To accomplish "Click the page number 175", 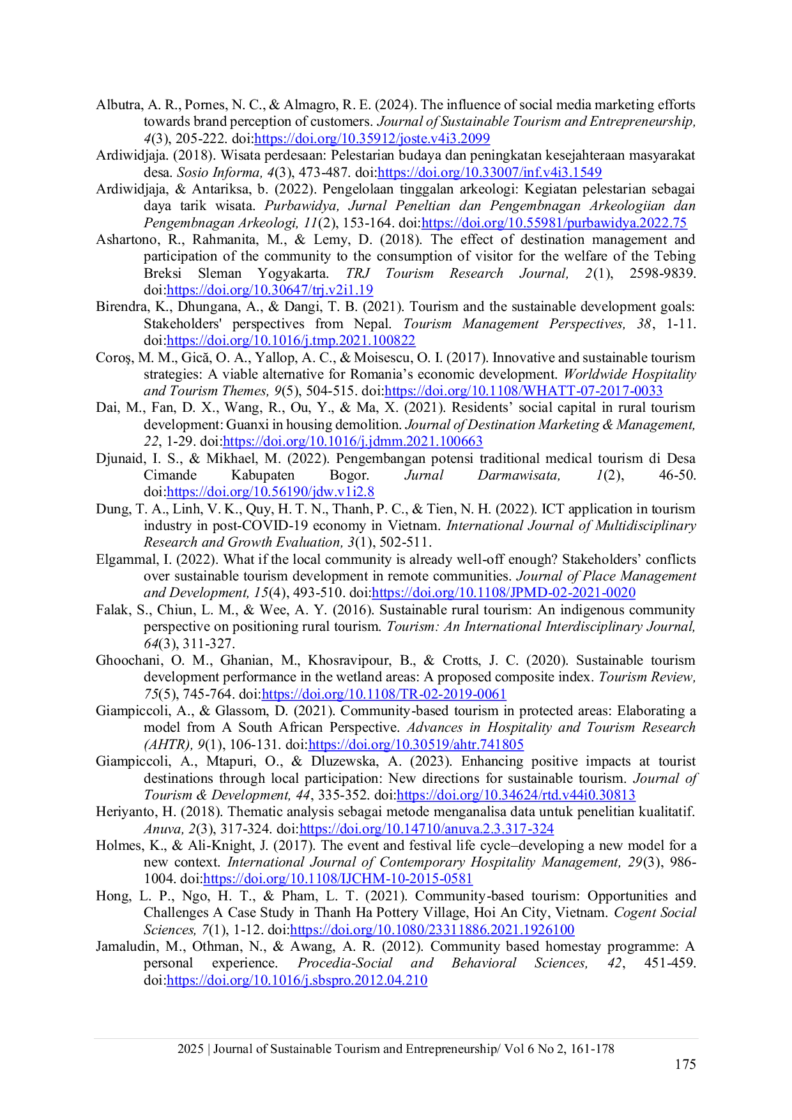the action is coord(685,1064).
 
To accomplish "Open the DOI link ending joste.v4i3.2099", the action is coord(372,139).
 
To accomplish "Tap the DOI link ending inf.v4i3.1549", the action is coord(489,172).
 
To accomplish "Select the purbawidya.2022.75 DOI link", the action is coord(554,223).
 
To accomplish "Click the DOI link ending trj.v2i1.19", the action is coord(270,290).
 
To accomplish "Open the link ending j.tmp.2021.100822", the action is coord(291,341).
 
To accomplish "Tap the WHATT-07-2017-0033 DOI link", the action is coord(523,391).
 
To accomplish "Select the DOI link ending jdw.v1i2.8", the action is coord(270,492).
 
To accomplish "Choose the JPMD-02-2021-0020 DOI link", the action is coord(503,593).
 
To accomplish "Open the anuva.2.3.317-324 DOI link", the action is coord(426,829).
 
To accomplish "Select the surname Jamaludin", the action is coord(124,946).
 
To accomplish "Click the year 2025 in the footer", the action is coord(190,1048).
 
